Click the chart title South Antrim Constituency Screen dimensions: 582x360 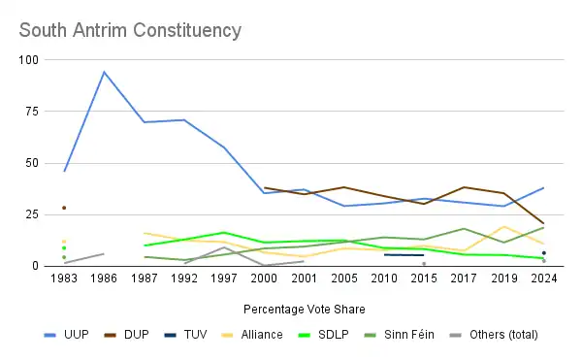pyautogui.click(x=130, y=30)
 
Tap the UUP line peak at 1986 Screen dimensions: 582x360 pyautogui.click(x=104, y=72)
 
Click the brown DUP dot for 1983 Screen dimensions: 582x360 pyautogui.click(x=64, y=208)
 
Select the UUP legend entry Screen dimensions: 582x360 pyautogui.click(x=67, y=335)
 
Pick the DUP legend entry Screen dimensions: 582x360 pyautogui.click(x=126, y=335)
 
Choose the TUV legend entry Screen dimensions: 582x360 pyautogui.click(x=185, y=335)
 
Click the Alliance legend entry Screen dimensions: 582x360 pyautogui.click(x=252, y=335)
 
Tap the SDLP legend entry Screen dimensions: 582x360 pyautogui.click(x=324, y=335)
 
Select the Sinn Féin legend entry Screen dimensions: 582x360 pyautogui.click(x=399, y=335)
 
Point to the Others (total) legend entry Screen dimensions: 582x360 pyautogui.click(x=494, y=335)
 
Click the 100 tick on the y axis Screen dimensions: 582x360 pyautogui.click(x=28, y=60)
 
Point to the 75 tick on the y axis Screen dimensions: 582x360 pyautogui.click(x=32, y=112)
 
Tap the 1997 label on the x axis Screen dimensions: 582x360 pyautogui.click(x=224, y=278)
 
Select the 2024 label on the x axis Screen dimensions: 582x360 pyautogui.click(x=544, y=278)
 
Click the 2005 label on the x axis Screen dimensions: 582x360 pyautogui.click(x=344, y=278)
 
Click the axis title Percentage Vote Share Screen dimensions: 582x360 pyautogui.click(x=305, y=310)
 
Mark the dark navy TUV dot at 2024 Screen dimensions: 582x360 pyautogui.click(x=544, y=253)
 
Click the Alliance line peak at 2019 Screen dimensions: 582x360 pyautogui.click(x=504, y=227)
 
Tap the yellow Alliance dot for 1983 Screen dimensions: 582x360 pyautogui.click(x=64, y=242)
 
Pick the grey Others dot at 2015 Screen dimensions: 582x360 pyautogui.click(x=424, y=264)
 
